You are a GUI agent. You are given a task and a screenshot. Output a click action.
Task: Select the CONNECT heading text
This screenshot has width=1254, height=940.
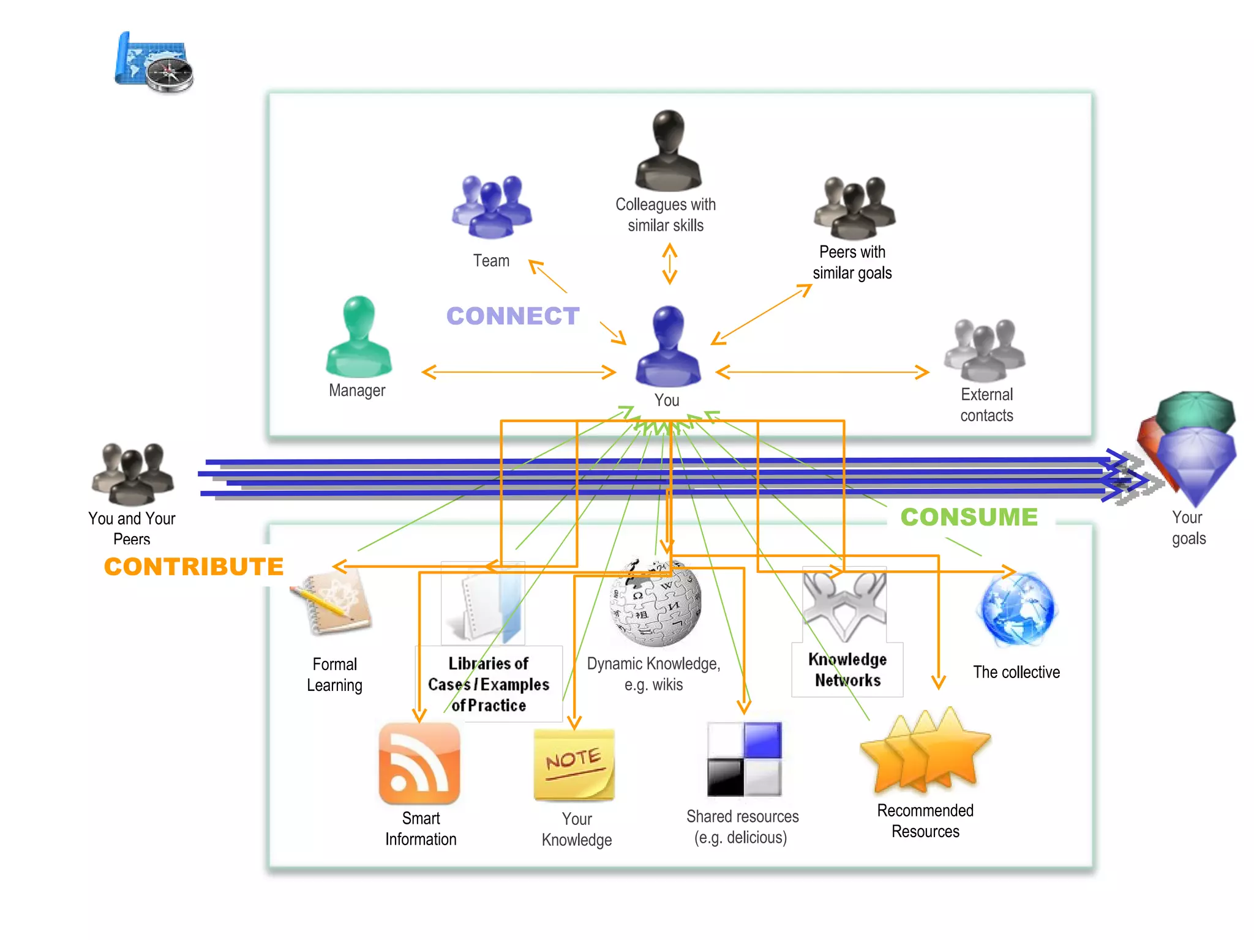512,316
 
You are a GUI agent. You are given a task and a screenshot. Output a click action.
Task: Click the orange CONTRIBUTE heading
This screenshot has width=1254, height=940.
193,566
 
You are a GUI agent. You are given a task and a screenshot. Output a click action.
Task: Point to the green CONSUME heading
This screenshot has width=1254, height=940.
969,517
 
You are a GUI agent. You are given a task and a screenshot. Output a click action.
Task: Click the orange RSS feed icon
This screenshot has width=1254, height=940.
419,763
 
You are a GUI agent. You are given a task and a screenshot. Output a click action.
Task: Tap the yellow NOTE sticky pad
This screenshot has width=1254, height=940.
574,764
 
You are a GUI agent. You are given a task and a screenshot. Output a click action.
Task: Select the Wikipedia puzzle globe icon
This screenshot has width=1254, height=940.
656,603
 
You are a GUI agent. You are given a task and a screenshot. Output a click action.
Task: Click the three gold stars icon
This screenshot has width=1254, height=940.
925,752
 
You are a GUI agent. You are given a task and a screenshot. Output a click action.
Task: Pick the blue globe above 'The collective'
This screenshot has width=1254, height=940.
1017,610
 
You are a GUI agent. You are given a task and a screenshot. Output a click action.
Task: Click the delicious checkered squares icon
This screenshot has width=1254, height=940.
744,759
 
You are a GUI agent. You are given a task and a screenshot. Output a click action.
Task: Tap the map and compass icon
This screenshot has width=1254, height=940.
154,63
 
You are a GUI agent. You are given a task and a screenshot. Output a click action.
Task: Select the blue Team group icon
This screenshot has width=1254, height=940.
492,207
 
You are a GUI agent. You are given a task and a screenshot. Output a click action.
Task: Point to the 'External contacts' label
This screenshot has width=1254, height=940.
986,405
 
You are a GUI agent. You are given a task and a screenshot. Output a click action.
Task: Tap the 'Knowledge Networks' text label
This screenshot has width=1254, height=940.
847,670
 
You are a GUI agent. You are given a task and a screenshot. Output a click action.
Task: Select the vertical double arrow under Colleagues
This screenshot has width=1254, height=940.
670,264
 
